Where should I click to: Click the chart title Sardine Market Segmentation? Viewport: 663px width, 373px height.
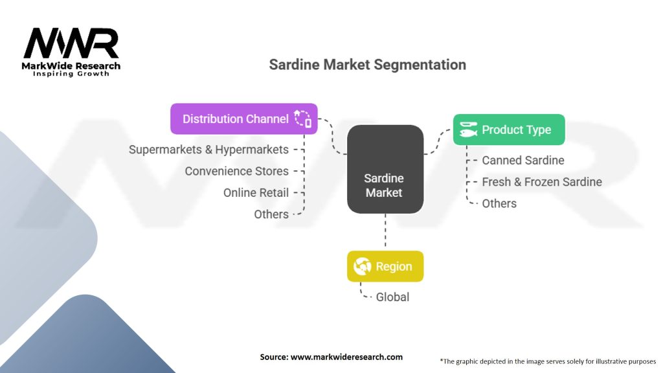[367, 65]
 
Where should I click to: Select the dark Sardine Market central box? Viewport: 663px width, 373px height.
[385, 169]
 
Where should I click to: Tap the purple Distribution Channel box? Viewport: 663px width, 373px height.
[243, 119]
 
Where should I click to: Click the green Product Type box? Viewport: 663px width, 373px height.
[508, 130]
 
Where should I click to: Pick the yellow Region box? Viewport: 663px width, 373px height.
[385, 266]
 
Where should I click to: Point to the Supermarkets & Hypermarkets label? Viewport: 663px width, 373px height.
[208, 150]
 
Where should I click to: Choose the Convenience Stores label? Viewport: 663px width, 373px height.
[236, 171]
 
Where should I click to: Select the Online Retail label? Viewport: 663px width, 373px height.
[256, 192]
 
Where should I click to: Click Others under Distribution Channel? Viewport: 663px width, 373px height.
[271, 214]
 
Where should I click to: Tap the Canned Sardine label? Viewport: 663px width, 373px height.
[523, 160]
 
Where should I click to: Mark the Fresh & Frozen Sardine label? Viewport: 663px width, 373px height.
[542, 182]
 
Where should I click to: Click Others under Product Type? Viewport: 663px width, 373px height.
[499, 203]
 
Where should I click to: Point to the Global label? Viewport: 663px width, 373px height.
[392, 297]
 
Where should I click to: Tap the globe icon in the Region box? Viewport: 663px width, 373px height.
[361, 266]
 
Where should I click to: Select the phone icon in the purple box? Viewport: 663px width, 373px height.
[303, 119]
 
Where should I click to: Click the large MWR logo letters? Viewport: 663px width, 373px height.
[71, 43]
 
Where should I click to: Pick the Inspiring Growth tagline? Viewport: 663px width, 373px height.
[71, 74]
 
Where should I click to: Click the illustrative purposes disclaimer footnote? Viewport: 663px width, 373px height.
[548, 361]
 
